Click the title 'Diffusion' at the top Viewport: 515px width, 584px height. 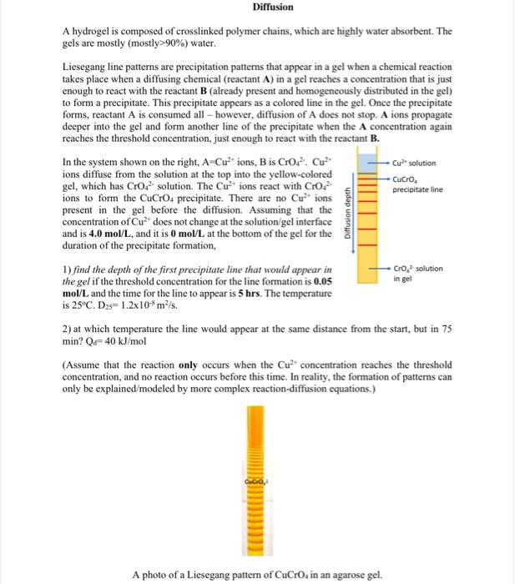click(273, 7)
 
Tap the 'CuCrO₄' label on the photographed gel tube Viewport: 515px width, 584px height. click(256, 482)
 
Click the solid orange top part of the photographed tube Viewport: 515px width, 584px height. click(256, 434)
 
